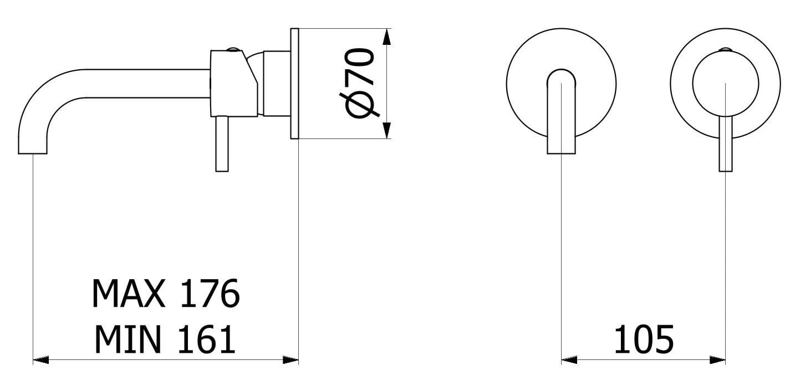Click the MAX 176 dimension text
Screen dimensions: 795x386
(166, 294)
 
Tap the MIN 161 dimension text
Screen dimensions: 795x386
(165, 339)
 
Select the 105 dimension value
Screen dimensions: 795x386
(644, 339)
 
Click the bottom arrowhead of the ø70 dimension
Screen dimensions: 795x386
(387, 130)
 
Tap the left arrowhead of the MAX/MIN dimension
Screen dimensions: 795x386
(41, 360)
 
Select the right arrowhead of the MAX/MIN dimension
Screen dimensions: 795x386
(291, 360)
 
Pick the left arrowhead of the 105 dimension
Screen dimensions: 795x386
(569, 360)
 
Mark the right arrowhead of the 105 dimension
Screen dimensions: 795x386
(717, 360)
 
